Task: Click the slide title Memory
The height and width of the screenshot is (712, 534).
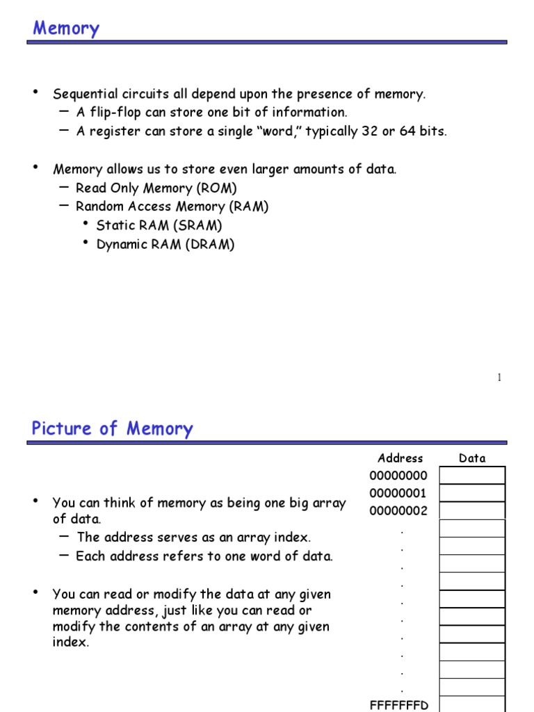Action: (x=66, y=29)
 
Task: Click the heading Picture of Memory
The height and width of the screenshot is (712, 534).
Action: (x=112, y=428)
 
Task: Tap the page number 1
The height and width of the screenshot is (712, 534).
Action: (x=499, y=378)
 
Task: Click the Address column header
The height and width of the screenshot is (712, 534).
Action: (x=400, y=458)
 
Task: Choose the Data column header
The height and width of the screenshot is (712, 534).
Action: (x=472, y=458)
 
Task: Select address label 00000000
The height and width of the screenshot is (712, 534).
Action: (x=398, y=476)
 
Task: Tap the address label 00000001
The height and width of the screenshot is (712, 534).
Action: (x=398, y=494)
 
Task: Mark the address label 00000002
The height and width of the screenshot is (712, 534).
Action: (x=398, y=511)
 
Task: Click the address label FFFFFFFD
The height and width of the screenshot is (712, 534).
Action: (x=399, y=705)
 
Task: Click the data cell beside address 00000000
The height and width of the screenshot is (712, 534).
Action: (x=472, y=476)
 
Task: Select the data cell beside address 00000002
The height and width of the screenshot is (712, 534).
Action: (x=472, y=511)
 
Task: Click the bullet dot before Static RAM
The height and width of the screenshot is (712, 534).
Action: (x=86, y=224)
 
